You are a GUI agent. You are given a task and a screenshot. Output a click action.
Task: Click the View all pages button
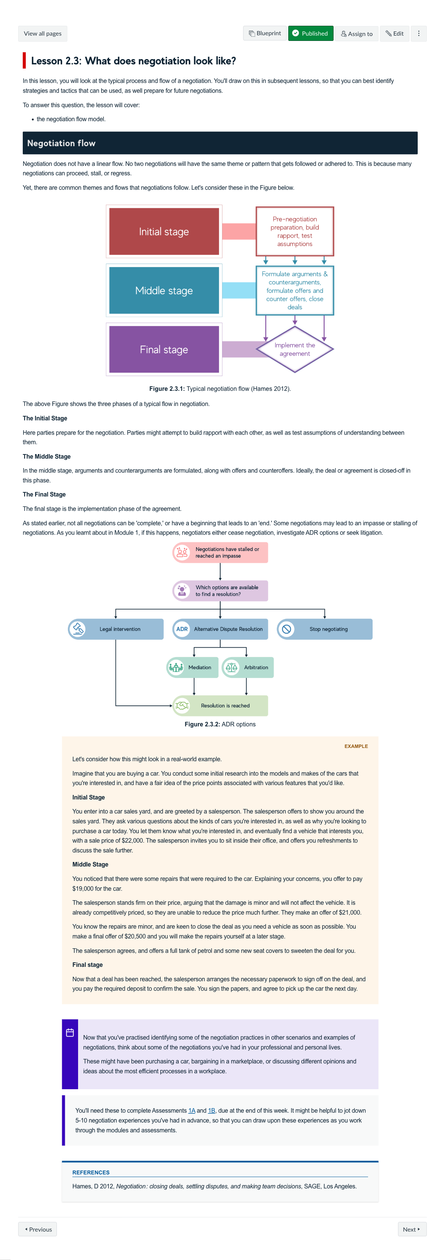(42, 34)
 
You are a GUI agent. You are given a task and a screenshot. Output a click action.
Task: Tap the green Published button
(310, 34)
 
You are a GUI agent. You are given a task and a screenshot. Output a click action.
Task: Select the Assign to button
(356, 34)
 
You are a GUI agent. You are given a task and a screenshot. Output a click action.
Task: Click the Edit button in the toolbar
(394, 34)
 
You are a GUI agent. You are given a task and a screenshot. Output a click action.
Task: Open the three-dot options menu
(418, 34)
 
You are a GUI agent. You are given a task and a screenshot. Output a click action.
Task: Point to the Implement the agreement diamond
(295, 349)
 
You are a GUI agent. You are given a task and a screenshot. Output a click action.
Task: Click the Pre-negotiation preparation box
(295, 231)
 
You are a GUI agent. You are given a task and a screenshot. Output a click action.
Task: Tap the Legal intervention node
(116, 629)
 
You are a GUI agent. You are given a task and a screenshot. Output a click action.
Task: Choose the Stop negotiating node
(324, 629)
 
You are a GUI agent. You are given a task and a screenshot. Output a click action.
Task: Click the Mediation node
(193, 667)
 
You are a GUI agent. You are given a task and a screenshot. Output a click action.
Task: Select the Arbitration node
(248, 667)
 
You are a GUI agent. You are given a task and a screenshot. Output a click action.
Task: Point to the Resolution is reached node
(220, 705)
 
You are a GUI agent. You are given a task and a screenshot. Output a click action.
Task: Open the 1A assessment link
(191, 1110)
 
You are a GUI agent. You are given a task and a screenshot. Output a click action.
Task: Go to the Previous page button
(38, 1229)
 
